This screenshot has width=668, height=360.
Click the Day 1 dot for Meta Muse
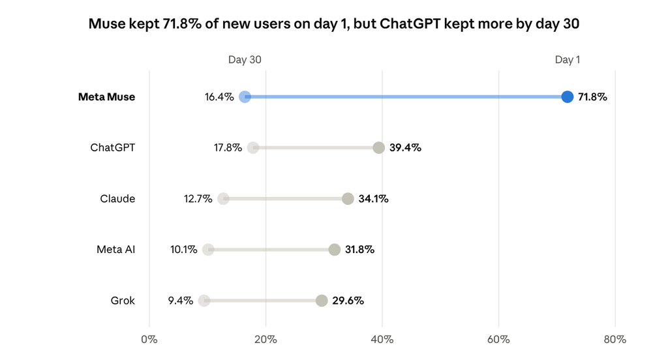pos(567,97)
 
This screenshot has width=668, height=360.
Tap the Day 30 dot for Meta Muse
pos(245,97)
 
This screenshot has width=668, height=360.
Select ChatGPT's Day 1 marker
pos(379,148)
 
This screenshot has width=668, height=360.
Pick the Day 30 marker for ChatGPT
pos(253,148)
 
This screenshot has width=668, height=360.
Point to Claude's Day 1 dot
pos(348,198)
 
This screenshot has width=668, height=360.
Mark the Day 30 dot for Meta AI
pos(208,250)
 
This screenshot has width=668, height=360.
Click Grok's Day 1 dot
pos(322,301)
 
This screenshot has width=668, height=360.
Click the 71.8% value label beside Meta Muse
pos(592,97)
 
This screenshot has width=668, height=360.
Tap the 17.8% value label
pos(228,148)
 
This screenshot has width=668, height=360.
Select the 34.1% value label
pos(374,199)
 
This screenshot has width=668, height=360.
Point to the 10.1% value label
pos(183,250)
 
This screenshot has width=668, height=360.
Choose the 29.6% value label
pos(348,301)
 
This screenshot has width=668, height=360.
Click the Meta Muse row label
pos(106,97)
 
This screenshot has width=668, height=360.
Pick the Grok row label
pos(123,301)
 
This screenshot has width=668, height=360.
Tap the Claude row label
pos(117,199)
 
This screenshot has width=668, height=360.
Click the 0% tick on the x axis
pos(149,340)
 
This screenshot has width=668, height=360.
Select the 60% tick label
pos(498,340)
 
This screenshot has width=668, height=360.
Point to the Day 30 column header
pos(245,59)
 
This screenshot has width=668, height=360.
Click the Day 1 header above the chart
pos(567,59)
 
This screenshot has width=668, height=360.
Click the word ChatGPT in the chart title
pos(410,24)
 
